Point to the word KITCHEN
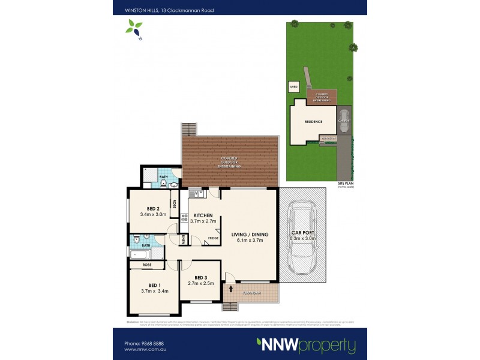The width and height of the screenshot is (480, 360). point(202,215)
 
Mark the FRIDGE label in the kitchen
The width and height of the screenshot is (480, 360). point(213,239)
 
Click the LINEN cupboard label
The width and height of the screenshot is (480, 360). point(184,239)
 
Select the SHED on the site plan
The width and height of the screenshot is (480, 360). point(294,87)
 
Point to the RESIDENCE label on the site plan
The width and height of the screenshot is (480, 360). point(313,122)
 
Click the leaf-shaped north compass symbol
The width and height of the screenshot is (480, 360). point(134,28)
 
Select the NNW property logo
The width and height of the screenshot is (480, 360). point(306,346)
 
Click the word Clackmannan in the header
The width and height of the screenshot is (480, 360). point(173,10)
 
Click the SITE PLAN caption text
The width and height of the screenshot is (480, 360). point(346,184)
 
